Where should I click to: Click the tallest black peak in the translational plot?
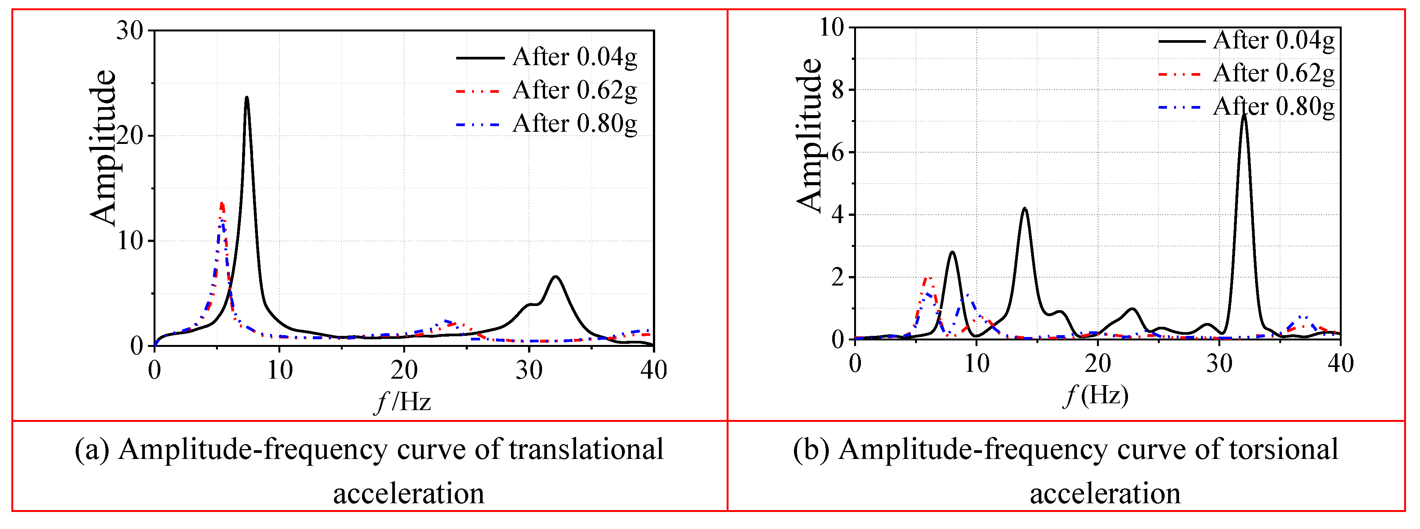pos(246,98)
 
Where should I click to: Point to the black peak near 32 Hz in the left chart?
pos(555,277)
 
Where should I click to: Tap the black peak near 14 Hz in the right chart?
pos(1024,209)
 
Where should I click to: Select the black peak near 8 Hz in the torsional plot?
pos(952,253)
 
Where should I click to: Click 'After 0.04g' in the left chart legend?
pos(575,57)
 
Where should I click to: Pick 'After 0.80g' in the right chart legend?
pos(1273,106)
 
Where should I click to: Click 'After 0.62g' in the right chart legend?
pos(1273,73)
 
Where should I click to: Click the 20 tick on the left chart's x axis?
pos(404,370)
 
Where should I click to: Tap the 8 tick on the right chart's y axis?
pos(838,89)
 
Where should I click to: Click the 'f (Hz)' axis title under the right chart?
pos(1096,395)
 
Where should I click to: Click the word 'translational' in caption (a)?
pos(586,449)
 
